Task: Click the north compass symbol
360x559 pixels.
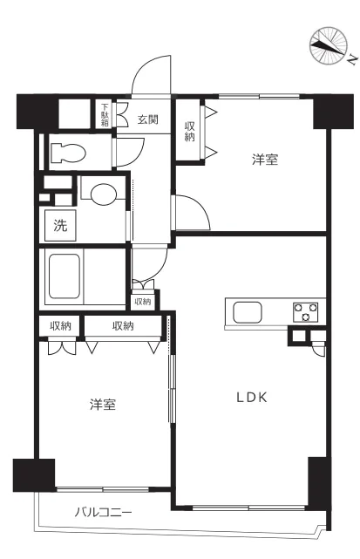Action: tap(329, 45)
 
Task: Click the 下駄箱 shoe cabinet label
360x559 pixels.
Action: tap(105, 114)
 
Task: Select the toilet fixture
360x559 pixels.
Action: tap(67, 153)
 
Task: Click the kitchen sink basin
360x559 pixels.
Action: tap(245, 311)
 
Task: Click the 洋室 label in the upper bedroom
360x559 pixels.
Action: tap(266, 160)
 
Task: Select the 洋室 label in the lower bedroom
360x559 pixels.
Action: tap(103, 405)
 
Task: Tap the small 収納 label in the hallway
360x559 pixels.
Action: tap(142, 302)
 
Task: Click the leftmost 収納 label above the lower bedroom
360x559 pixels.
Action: tap(60, 326)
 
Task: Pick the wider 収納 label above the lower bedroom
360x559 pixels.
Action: tap(123, 326)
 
